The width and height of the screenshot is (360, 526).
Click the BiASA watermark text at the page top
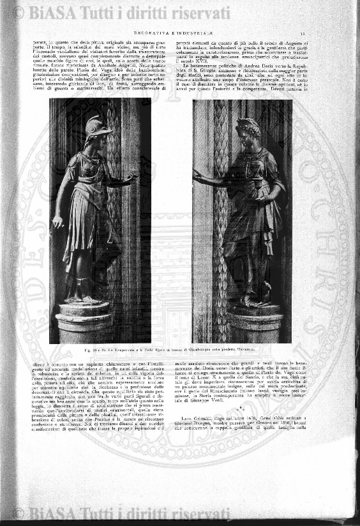[121, 12]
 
